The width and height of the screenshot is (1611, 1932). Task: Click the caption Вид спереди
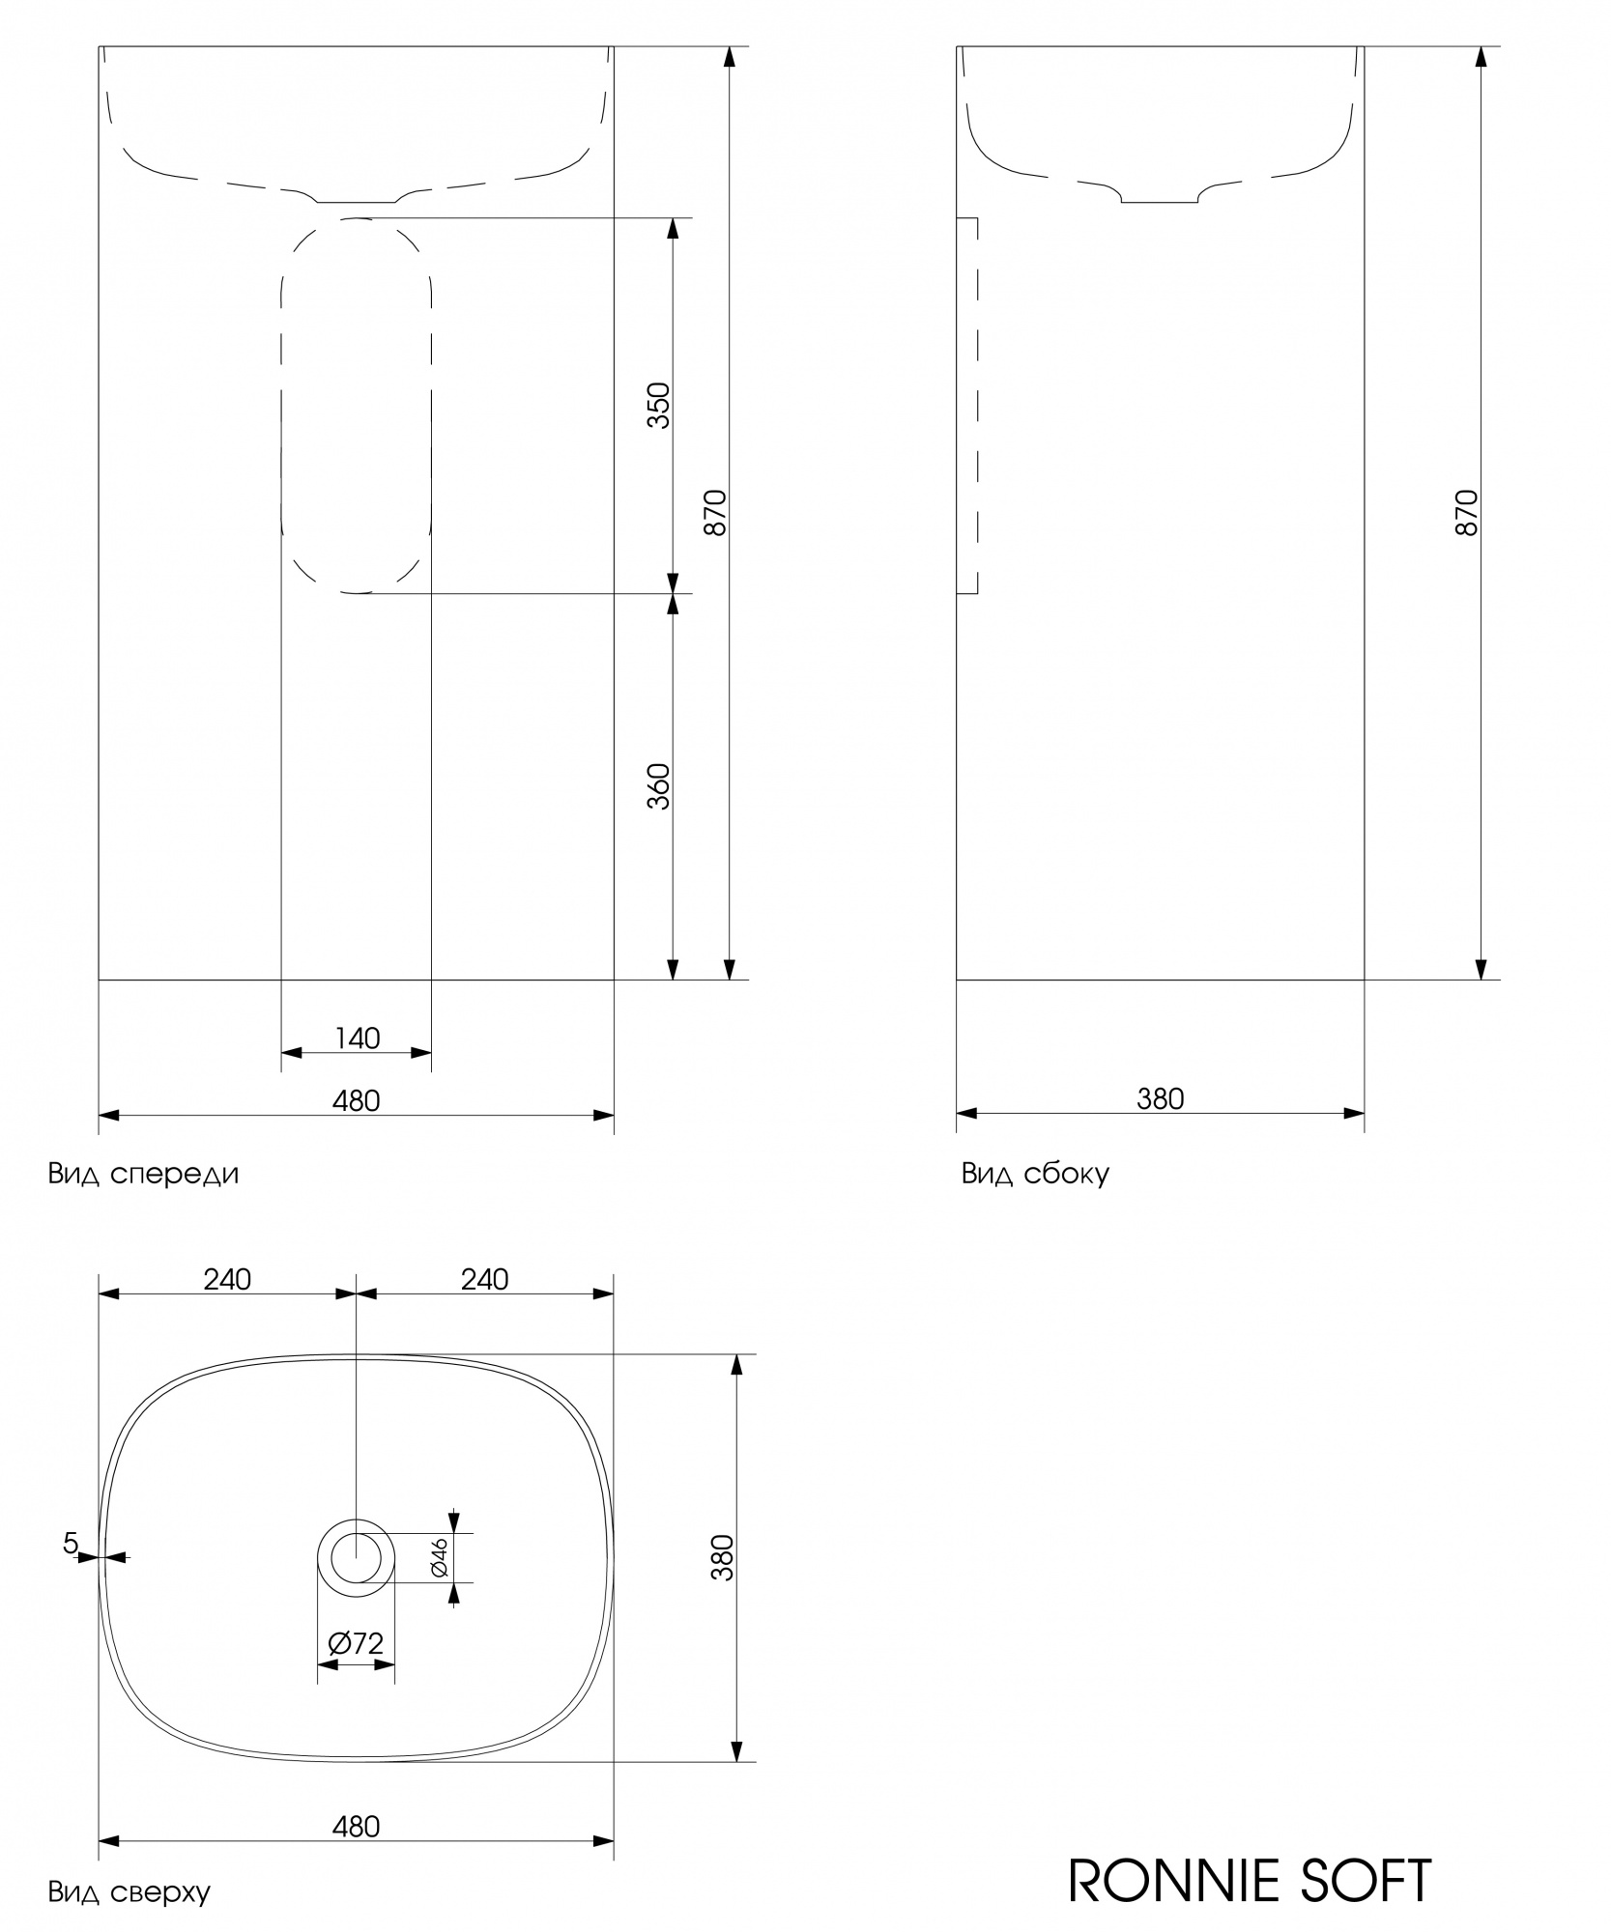(143, 1174)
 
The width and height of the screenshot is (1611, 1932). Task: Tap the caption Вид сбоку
(1035, 1174)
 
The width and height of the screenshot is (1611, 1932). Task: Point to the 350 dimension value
(658, 406)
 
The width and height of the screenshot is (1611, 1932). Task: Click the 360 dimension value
(658, 786)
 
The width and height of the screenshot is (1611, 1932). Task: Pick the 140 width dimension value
(357, 1038)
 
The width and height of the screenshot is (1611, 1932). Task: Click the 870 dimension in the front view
(714, 513)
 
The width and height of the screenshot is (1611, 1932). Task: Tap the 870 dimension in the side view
(1466, 513)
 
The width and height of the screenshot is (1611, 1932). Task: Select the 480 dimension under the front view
(357, 1100)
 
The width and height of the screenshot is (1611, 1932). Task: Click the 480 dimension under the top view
(357, 1827)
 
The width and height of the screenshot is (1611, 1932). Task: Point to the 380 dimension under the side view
(1160, 1099)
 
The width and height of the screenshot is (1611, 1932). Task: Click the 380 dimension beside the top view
(722, 1557)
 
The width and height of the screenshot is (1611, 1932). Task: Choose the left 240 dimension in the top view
(227, 1279)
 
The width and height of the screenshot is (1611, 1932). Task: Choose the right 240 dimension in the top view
(484, 1279)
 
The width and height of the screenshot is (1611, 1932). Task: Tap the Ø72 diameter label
(356, 1643)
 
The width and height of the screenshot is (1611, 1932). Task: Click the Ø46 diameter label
(439, 1557)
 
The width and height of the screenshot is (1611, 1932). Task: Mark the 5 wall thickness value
(70, 1544)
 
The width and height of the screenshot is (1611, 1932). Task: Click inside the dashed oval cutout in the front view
(356, 406)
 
